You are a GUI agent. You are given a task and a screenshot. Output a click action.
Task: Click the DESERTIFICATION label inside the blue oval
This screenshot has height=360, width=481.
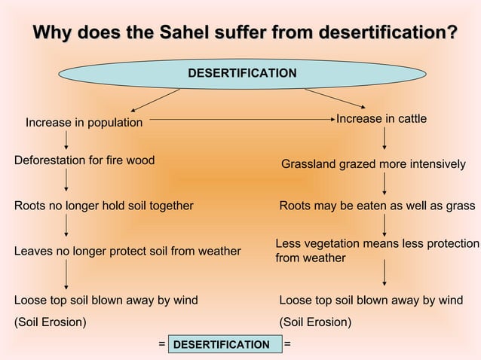click(241, 73)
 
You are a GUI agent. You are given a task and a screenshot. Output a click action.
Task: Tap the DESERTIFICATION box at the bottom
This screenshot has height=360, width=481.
click(221, 344)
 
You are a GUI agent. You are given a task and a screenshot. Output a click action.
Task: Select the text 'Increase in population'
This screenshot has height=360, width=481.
click(84, 122)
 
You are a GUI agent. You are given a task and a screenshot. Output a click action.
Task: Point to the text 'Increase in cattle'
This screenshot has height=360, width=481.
click(381, 119)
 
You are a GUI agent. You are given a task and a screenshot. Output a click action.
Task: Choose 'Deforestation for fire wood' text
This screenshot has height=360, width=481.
click(84, 160)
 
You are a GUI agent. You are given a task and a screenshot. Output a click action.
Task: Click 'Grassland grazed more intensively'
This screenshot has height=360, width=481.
click(373, 164)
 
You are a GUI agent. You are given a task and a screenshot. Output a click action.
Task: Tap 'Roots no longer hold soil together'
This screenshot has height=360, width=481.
click(104, 206)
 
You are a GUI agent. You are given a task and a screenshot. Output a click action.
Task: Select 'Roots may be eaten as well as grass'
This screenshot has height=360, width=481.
click(377, 206)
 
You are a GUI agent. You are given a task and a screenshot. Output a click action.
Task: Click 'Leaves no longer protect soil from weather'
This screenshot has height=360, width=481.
click(127, 251)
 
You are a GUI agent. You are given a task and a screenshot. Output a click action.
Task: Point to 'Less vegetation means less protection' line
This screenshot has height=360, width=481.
click(377, 244)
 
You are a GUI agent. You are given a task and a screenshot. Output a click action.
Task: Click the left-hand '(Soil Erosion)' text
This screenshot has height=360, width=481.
click(51, 322)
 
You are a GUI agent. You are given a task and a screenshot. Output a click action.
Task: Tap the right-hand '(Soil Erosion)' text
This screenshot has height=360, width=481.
click(315, 322)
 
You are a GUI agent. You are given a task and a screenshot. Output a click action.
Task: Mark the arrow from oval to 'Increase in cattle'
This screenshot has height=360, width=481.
click(335, 101)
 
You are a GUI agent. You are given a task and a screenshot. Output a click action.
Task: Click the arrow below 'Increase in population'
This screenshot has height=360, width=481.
click(66, 139)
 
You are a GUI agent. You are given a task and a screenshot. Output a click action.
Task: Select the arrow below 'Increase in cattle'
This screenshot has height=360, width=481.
click(384, 138)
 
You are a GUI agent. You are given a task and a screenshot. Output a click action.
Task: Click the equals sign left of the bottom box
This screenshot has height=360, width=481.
click(161, 343)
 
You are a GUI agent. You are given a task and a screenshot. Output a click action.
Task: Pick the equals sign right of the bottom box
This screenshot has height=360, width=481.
click(286, 343)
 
